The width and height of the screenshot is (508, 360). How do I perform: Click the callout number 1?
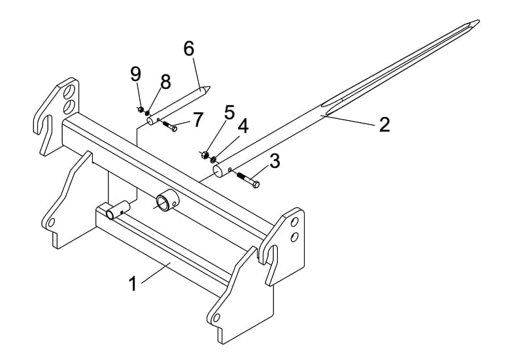point(133,284)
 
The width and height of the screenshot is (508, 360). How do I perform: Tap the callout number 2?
point(384,125)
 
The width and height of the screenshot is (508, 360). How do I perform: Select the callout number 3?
point(275,161)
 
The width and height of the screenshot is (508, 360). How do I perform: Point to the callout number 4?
point(243,126)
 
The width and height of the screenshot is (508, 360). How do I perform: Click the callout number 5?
point(229,112)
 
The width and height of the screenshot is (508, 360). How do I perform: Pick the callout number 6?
point(188,48)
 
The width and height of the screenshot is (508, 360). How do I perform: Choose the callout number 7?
point(197,120)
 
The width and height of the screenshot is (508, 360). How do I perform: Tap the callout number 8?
point(165,82)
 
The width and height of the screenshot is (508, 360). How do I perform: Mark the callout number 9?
point(136,73)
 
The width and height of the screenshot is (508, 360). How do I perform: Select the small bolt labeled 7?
point(169,126)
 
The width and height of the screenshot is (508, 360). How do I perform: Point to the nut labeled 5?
point(205,154)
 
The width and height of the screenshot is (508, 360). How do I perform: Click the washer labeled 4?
point(213,159)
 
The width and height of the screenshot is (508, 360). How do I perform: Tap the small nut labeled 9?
point(141,109)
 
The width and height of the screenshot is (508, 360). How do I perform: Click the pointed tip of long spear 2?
point(479,21)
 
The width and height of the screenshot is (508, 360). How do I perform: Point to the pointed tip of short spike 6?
point(211,87)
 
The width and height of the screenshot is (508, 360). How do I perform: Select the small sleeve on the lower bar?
point(118,210)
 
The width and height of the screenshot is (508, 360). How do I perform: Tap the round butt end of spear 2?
point(218,171)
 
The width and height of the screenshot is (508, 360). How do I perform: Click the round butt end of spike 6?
point(150,122)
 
